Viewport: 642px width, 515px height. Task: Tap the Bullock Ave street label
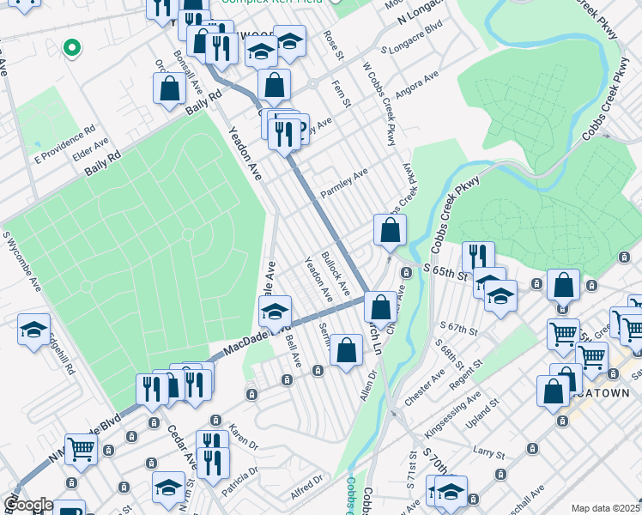coord(336,270)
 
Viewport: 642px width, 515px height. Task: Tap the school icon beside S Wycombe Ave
coord(33,329)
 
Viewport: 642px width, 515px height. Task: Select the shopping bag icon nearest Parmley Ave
coord(390,230)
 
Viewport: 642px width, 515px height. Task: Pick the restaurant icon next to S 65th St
coord(478,256)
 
